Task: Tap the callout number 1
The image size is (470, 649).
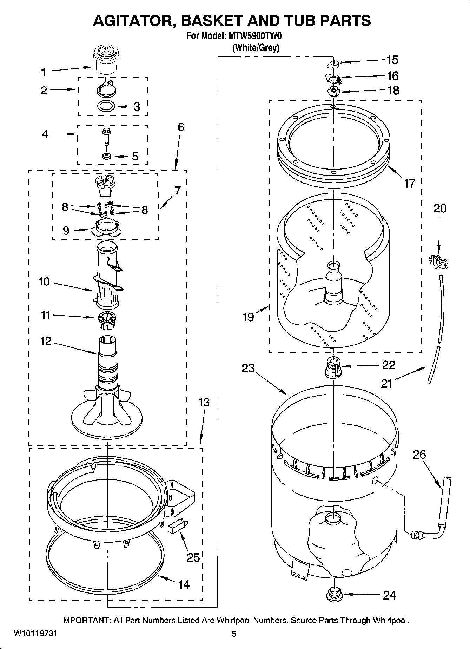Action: [x=44, y=72]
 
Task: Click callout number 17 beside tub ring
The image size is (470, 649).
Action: [x=409, y=183]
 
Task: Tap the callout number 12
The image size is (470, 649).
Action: [x=46, y=341]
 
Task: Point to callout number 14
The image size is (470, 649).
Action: [x=184, y=584]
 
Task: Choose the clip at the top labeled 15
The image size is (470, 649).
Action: [x=334, y=63]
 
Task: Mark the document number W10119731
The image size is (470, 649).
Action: [x=35, y=634]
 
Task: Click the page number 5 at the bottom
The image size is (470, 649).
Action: [x=234, y=634]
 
